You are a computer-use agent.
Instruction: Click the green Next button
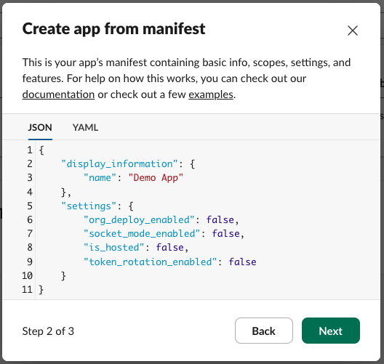click(x=331, y=331)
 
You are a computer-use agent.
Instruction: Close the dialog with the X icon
click(x=353, y=31)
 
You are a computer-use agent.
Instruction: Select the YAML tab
click(x=85, y=127)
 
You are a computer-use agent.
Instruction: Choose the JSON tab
click(x=40, y=127)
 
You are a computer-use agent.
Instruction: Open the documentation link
click(x=58, y=94)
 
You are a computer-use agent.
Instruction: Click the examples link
click(x=211, y=94)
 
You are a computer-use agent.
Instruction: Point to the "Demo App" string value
click(x=156, y=177)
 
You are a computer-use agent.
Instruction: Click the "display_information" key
click(x=119, y=163)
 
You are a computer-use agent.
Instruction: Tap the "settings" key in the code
click(x=89, y=206)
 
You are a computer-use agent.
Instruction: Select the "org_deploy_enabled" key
click(x=139, y=219)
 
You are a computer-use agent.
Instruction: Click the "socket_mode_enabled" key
click(x=142, y=234)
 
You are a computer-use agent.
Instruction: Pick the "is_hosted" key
click(x=113, y=247)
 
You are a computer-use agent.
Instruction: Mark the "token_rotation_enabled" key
click(x=150, y=262)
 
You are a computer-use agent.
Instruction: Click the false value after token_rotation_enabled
click(x=242, y=262)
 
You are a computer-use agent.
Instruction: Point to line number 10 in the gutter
click(x=27, y=275)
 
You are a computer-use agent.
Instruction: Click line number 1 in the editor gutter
click(x=30, y=150)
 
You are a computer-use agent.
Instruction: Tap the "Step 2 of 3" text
click(x=48, y=331)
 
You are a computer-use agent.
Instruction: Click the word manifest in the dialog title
click(x=174, y=28)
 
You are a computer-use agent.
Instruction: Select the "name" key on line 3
click(x=100, y=177)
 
